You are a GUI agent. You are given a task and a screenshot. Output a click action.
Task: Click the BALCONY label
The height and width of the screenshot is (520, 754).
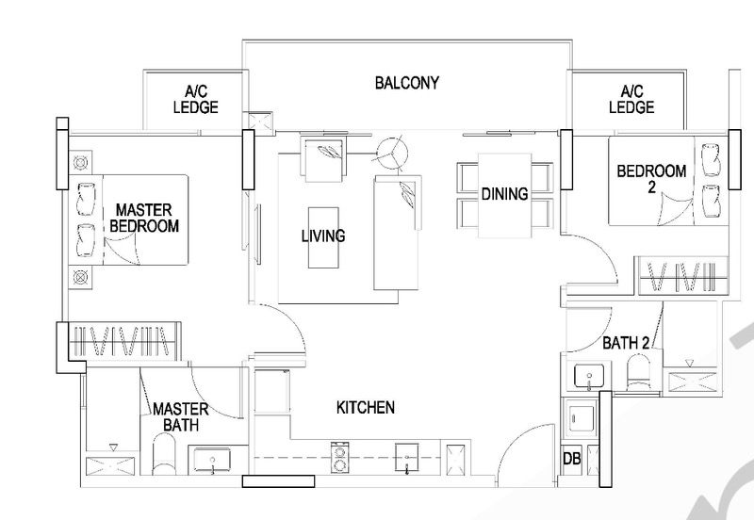(x=408, y=83)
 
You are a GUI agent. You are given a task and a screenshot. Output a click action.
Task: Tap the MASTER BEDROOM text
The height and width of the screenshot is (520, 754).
(x=146, y=217)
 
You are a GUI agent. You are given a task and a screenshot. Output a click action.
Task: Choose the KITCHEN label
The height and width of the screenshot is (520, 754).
(x=365, y=408)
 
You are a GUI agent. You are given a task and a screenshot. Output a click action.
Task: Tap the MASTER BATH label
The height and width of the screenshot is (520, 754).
(x=180, y=418)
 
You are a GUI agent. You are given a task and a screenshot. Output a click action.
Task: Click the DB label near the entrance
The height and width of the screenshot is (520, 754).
(x=570, y=459)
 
